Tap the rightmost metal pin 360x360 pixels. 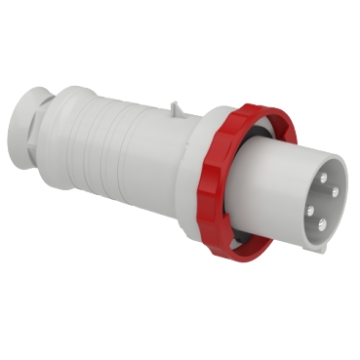click(335, 193)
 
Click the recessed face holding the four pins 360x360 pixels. click(320, 200)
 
